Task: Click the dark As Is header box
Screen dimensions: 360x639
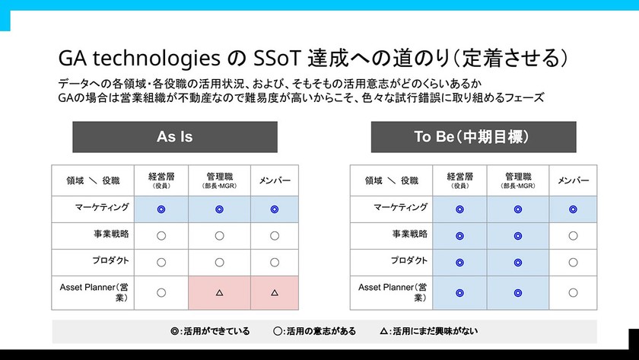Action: coord(175,137)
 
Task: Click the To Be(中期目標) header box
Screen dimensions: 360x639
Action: coord(472,137)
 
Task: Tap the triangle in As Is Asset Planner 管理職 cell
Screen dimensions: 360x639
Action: coord(219,292)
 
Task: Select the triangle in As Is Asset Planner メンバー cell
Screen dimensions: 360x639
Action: coord(275,292)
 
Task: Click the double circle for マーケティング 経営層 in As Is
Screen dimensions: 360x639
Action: coord(161,209)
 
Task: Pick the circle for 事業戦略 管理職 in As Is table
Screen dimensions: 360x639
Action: coord(219,236)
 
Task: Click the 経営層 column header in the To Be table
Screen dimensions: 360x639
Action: coord(459,180)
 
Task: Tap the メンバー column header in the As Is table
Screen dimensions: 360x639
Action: coord(275,180)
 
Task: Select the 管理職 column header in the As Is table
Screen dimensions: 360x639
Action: coord(219,180)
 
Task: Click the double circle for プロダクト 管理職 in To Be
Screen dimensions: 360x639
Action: coord(518,263)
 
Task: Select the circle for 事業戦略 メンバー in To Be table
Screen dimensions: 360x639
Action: coord(573,236)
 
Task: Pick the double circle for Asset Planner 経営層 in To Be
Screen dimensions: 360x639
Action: coord(459,292)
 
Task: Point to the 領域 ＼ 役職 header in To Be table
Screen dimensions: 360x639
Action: coord(391,181)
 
